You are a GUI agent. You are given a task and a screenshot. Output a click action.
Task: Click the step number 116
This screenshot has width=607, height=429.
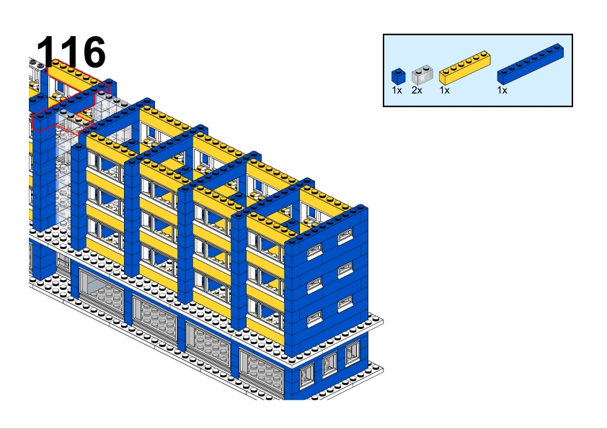pyautogui.click(x=71, y=52)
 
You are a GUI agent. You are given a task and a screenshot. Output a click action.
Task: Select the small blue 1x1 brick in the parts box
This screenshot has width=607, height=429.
pyautogui.click(x=399, y=76)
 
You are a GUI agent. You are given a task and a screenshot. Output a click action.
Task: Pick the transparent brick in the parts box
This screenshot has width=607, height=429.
pyautogui.click(x=422, y=75)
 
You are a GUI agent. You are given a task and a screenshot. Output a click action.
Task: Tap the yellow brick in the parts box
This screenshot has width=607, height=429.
pyautogui.click(x=464, y=68)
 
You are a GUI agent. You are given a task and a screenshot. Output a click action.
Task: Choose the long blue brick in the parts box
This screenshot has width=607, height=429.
pyautogui.click(x=531, y=64)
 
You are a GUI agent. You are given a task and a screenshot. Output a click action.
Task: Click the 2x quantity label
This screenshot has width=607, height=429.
pyautogui.click(x=417, y=91)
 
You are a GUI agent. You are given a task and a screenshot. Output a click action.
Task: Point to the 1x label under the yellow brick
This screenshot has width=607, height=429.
pyautogui.click(x=444, y=91)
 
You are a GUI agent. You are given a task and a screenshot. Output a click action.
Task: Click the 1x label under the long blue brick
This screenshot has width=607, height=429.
pyautogui.click(x=502, y=91)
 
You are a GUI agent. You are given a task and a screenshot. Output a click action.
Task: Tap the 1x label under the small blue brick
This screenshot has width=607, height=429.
pyautogui.click(x=396, y=91)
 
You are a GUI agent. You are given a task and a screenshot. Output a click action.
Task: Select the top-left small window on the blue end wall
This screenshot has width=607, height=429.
pyautogui.click(x=314, y=252)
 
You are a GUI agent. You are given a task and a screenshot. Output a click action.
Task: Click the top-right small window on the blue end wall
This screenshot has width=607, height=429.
pyautogui.click(x=345, y=236)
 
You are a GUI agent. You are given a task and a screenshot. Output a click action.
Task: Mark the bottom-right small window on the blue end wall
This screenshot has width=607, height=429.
pyautogui.click(x=345, y=303)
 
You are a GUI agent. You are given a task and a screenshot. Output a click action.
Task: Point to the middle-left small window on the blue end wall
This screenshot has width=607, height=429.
pyautogui.click(x=314, y=285)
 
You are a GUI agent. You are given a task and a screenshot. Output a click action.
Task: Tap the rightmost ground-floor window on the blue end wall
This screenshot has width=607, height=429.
pyautogui.click(x=353, y=353)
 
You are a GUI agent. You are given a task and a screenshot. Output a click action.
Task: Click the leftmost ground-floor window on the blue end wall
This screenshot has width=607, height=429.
pyautogui.click(x=306, y=375)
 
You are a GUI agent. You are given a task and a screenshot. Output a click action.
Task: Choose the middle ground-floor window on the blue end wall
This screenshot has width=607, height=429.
pyautogui.click(x=329, y=363)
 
